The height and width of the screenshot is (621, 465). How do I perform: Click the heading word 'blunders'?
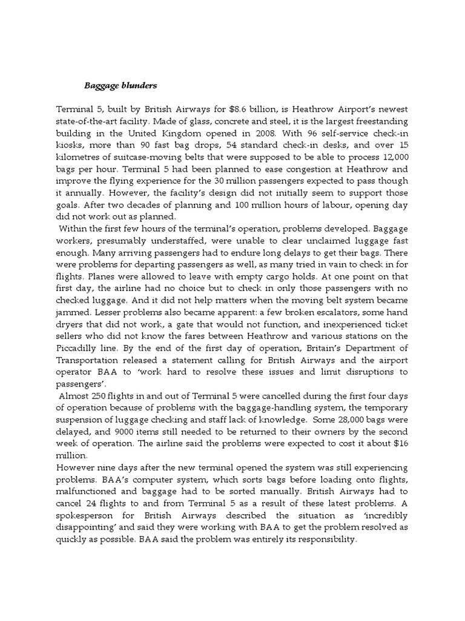[x=137, y=86]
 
